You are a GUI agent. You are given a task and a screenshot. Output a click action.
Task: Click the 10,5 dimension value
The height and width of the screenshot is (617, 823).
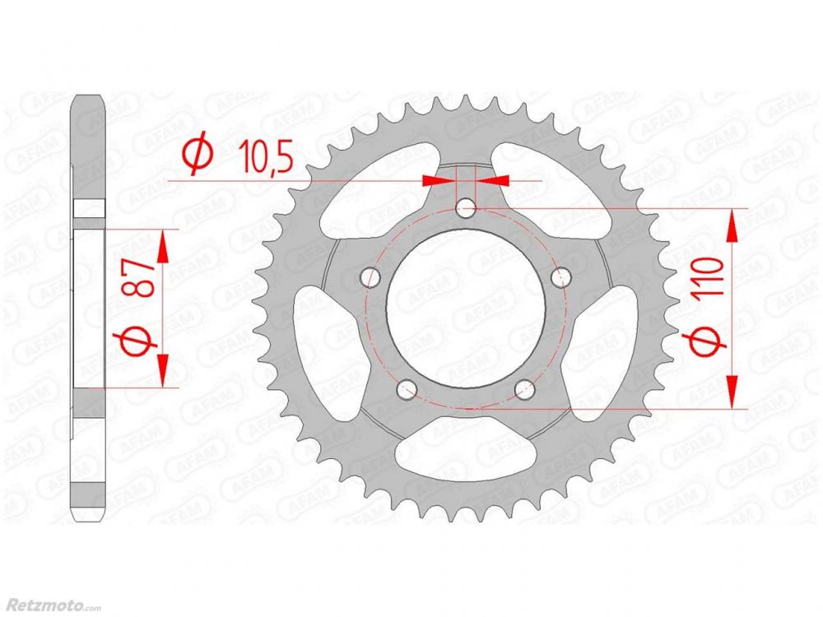point(265,156)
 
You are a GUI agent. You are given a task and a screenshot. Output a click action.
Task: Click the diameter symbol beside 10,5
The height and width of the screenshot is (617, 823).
point(198,155)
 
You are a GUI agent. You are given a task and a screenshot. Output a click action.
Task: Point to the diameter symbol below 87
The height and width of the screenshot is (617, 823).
point(140,341)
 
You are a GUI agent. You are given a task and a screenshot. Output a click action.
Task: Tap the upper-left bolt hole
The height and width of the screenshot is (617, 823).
point(371,276)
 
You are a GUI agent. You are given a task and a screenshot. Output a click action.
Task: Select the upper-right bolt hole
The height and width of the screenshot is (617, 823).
point(560,276)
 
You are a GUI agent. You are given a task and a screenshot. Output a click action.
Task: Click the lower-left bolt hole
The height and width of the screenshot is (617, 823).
point(407,389)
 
